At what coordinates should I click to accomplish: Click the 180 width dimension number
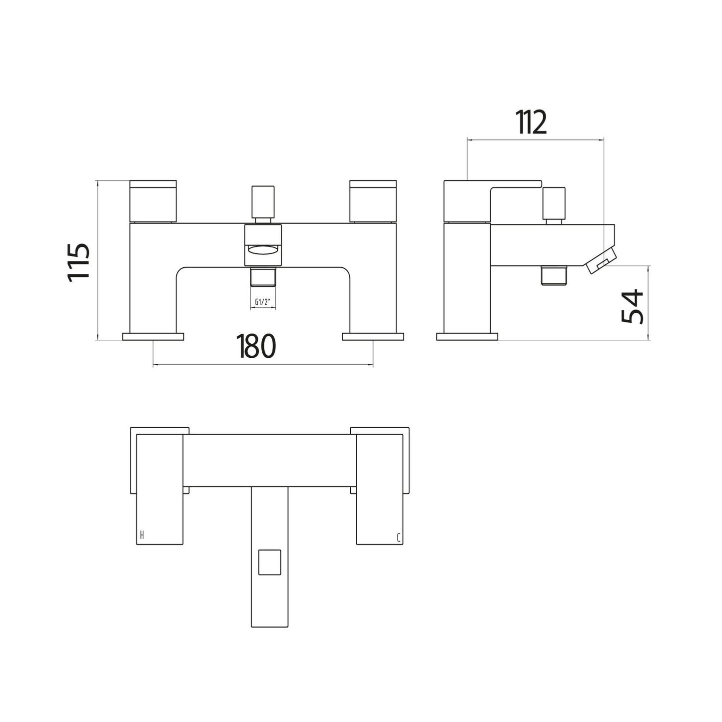click(x=257, y=346)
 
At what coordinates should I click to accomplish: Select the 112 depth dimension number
click(x=532, y=122)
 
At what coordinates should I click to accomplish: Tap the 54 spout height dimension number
click(x=633, y=306)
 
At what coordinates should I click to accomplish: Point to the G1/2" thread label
click(x=262, y=302)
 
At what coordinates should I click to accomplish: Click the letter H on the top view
click(x=142, y=536)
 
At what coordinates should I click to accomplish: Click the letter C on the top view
click(x=398, y=538)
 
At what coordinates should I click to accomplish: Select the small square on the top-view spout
click(x=269, y=562)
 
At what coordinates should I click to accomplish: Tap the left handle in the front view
click(x=153, y=201)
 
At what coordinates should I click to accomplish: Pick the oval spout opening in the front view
click(x=263, y=250)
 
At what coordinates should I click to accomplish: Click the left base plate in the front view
click(x=153, y=337)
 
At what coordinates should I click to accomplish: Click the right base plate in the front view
click(x=373, y=337)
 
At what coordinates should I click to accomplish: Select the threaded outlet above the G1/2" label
click(x=263, y=277)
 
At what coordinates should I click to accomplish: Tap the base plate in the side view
click(x=467, y=337)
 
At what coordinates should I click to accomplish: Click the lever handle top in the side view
click(x=492, y=183)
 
